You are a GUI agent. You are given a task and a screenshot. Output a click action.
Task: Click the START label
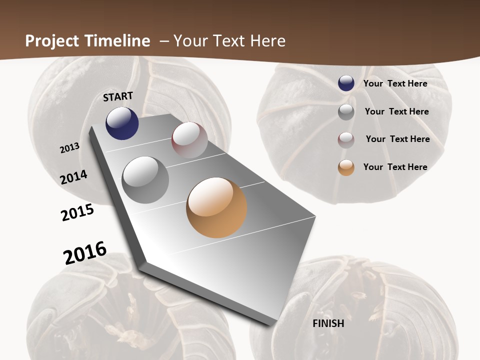pyautogui.click(x=118, y=96)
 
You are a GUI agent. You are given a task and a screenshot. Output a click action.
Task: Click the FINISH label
pyautogui.click(x=328, y=323)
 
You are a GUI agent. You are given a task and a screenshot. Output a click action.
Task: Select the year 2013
pyautogui.click(x=70, y=147)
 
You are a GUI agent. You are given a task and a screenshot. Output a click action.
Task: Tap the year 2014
pyautogui.click(x=74, y=177)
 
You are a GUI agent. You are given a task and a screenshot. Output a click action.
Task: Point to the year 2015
pyautogui.click(x=77, y=212)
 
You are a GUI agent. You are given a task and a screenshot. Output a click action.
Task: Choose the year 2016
pyautogui.click(x=85, y=252)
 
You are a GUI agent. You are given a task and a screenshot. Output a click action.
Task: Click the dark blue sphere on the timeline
pyautogui.click(x=122, y=123)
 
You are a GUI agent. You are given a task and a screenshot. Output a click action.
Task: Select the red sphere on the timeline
pyautogui.click(x=189, y=140)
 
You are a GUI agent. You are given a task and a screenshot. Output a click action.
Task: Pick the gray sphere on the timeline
pyautogui.click(x=145, y=180)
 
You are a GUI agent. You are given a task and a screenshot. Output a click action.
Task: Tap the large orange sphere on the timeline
pyautogui.click(x=216, y=207)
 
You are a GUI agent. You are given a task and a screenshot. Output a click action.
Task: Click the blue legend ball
pyautogui.click(x=346, y=83)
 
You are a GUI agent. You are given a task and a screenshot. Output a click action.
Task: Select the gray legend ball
pyautogui.click(x=346, y=112)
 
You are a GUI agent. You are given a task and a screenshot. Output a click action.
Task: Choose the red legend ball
pyautogui.click(x=346, y=139)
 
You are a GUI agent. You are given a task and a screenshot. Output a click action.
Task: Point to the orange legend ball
pyautogui.click(x=346, y=167)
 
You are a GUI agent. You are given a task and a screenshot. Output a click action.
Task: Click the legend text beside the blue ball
pyautogui.click(x=395, y=83)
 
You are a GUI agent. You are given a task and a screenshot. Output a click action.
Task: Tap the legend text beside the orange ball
pyautogui.click(x=395, y=167)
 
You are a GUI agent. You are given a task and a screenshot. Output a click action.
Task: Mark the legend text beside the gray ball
pyautogui.click(x=396, y=111)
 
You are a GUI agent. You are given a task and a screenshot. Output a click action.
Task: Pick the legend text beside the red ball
pyautogui.click(x=397, y=139)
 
